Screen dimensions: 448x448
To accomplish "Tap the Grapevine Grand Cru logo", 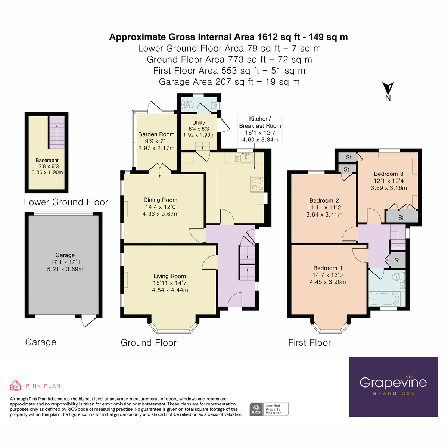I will pos(393,386).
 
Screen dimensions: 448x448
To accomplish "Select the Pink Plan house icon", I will pos(15,385).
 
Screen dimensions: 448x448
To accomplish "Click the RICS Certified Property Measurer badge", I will pos(269,409).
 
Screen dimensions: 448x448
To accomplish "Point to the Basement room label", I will pos(47,160).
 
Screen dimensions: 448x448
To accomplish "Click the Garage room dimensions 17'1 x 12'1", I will pos(65,262).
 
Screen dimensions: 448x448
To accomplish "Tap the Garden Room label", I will pos(156,134).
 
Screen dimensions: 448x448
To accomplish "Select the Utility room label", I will pos(199,123).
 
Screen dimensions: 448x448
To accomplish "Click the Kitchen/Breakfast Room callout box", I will pos(260,129).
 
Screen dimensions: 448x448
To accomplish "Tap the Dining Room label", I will pos(161,200).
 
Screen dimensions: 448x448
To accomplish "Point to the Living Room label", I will pos(169,276).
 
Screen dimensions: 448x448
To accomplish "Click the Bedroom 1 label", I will pos(328,268).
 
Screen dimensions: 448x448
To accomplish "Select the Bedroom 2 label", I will pos(324,200).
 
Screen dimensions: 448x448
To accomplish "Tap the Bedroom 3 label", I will pos(389,174).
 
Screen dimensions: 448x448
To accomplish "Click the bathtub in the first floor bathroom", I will pos(384,299).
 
